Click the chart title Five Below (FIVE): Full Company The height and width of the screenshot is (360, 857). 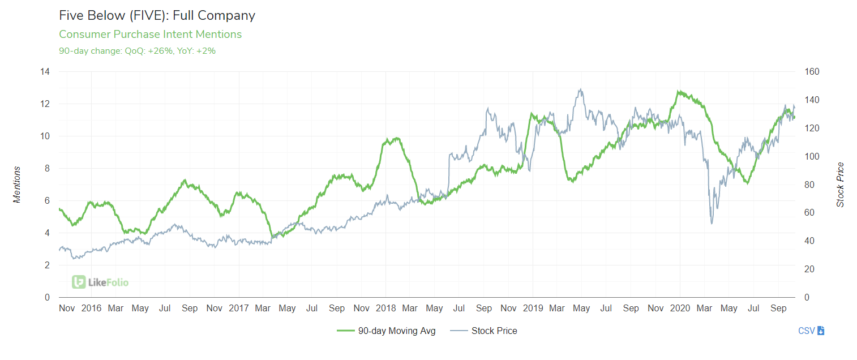[157, 15]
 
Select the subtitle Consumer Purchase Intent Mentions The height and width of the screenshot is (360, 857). [150, 35]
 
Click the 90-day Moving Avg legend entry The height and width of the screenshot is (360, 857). [387, 331]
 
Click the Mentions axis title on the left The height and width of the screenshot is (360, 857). [17, 185]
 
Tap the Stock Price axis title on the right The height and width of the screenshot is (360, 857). [840, 185]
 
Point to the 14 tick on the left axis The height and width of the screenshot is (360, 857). [45, 72]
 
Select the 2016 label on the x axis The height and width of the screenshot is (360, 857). [91, 308]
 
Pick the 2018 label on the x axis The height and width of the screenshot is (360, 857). [385, 308]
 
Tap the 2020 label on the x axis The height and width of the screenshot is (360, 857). [680, 308]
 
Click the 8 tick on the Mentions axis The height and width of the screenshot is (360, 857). [47, 169]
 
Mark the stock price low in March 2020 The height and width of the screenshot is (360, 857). [712, 224]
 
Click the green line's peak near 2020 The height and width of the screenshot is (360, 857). [678, 91]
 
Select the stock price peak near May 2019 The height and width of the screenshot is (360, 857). [580, 89]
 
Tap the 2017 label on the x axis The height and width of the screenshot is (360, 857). [238, 308]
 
